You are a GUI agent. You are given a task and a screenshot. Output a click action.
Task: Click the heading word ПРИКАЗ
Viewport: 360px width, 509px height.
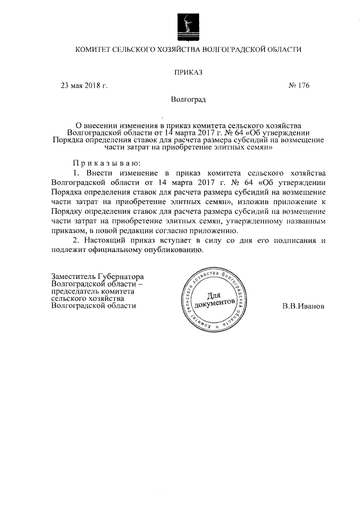click(x=188, y=72)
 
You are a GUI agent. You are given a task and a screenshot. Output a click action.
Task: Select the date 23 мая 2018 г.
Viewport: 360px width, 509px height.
click(x=84, y=85)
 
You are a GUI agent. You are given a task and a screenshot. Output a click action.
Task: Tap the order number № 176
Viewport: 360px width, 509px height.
click(x=298, y=85)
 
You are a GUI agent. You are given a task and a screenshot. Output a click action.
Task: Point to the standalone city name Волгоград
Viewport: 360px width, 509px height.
click(x=188, y=100)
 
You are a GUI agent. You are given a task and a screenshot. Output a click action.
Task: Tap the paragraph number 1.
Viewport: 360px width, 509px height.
click(x=76, y=172)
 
